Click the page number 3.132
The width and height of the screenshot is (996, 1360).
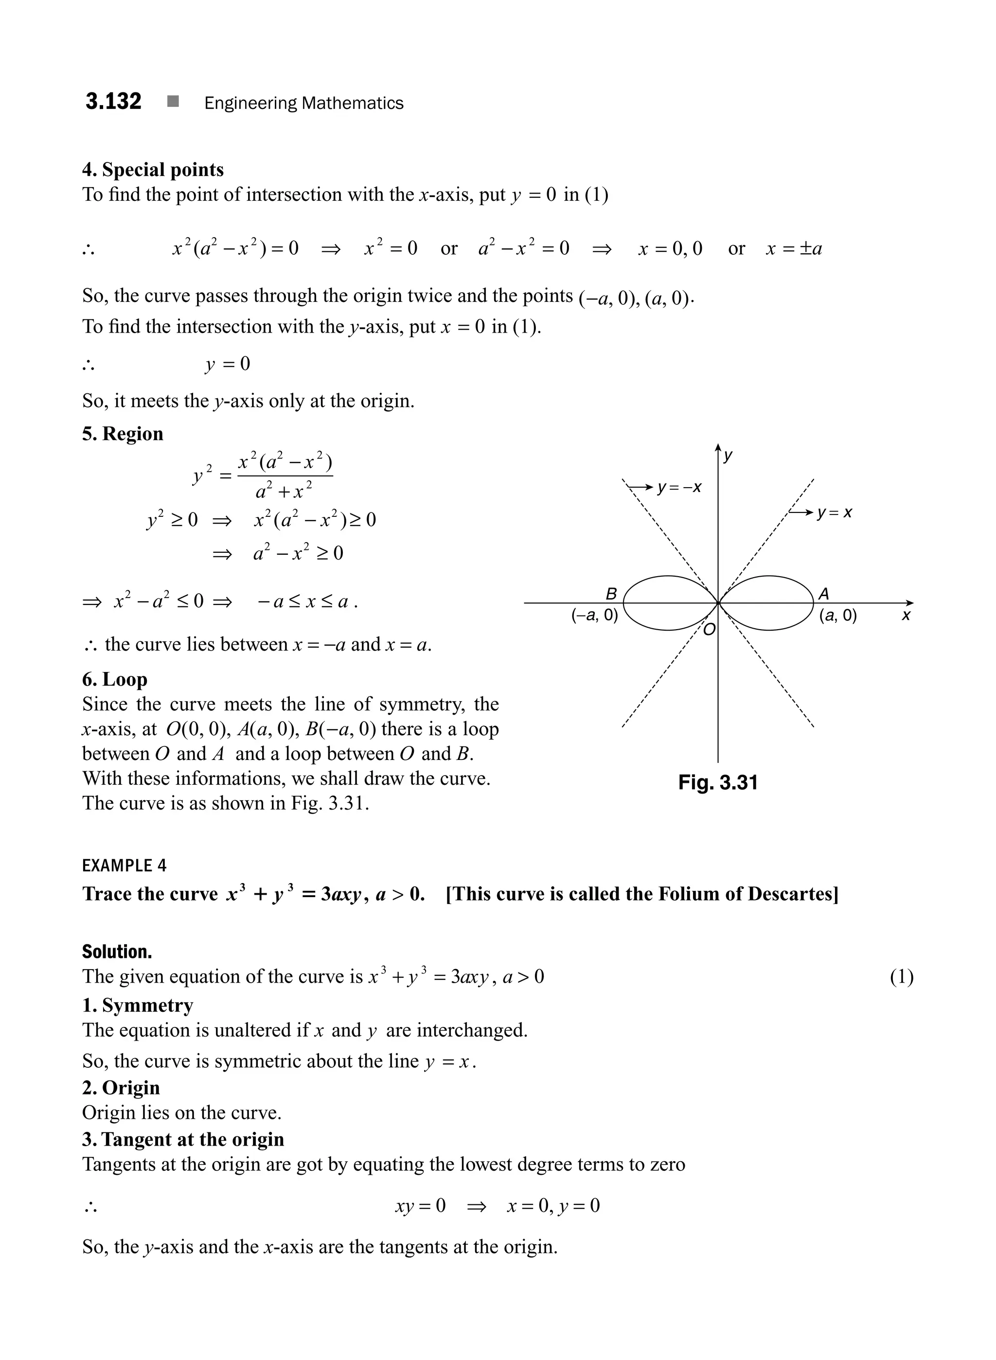click(113, 101)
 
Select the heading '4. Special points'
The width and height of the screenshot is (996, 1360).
click(153, 170)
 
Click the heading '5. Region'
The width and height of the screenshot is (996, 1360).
click(123, 434)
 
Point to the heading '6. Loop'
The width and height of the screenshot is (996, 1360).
click(115, 679)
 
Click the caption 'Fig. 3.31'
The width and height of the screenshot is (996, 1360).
click(717, 782)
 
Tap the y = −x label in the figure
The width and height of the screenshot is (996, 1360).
click(679, 487)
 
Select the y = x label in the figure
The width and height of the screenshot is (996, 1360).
click(835, 513)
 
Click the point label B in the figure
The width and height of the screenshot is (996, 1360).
click(611, 594)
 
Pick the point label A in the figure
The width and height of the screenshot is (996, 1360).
click(823, 594)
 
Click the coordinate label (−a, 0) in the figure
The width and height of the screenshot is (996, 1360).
click(594, 616)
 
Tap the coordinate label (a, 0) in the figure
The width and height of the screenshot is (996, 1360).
click(838, 616)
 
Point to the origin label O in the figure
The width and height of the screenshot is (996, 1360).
click(710, 630)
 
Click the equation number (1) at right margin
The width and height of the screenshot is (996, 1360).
click(901, 976)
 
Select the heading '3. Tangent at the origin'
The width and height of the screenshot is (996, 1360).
click(183, 1139)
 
